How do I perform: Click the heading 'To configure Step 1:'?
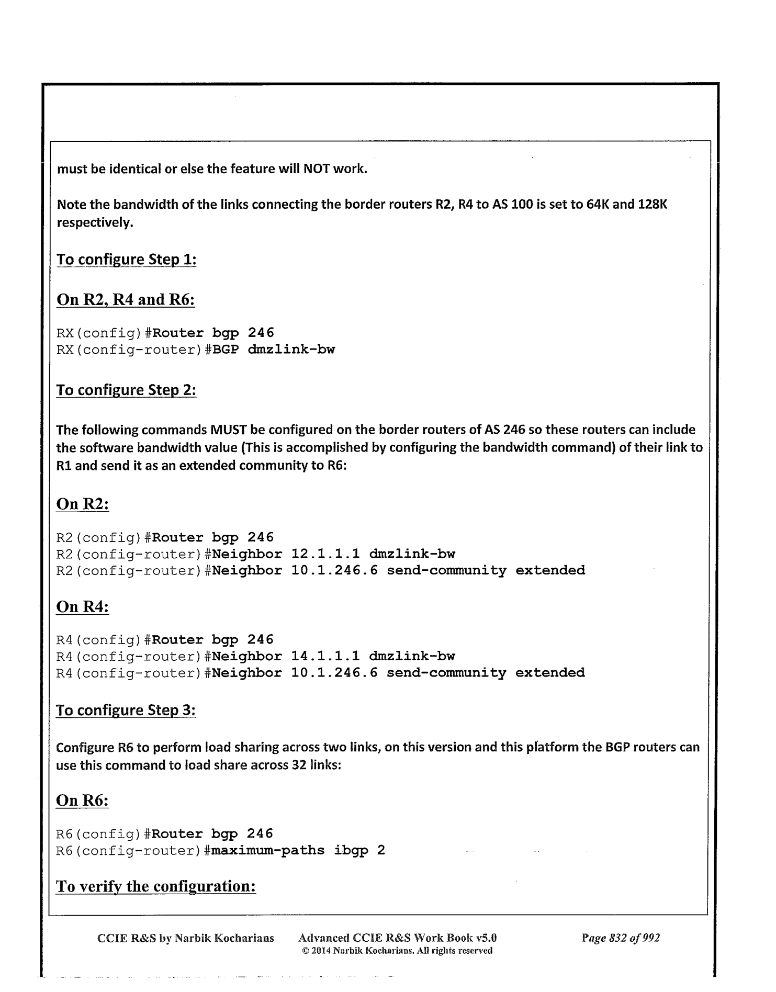click(x=126, y=260)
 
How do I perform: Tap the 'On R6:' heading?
click(x=83, y=801)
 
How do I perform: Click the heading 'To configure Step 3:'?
click(x=126, y=710)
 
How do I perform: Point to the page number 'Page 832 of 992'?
click(x=621, y=938)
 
